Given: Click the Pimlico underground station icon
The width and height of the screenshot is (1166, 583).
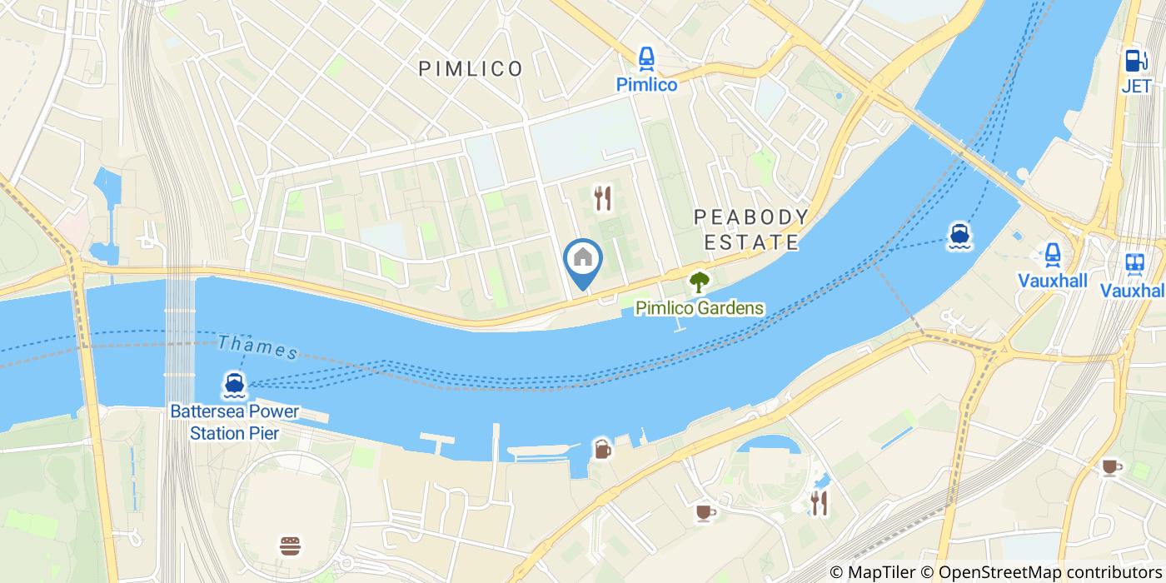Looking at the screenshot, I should [645, 58].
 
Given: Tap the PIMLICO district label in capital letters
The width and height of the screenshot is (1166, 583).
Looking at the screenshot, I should [471, 68].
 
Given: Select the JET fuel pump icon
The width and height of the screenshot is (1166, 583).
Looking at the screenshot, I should [1134, 60].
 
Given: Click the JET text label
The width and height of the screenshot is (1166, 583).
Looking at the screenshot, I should [1135, 86].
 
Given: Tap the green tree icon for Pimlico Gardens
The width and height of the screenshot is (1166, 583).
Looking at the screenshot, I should [699, 282].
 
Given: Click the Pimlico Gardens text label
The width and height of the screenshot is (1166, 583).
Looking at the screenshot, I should [699, 308].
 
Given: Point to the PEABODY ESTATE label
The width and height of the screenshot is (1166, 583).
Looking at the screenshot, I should [751, 230].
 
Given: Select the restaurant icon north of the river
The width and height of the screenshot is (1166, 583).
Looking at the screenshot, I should [603, 197].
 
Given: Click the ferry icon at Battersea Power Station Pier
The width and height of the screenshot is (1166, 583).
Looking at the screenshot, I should [234, 385].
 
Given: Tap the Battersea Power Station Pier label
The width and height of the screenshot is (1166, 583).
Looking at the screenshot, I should [234, 422].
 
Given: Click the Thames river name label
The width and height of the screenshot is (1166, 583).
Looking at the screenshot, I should [258, 347].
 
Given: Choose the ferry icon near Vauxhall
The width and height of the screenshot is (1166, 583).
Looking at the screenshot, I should [959, 237].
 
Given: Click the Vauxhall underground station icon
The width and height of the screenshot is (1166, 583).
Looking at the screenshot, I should [1053, 253].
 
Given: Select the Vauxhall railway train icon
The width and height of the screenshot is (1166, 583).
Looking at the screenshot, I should [1134, 263].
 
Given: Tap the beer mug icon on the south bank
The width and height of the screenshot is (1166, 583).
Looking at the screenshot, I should [602, 449].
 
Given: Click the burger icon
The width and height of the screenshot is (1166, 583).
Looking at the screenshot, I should [290, 546].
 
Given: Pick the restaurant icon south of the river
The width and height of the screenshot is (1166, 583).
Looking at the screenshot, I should [819, 502].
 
